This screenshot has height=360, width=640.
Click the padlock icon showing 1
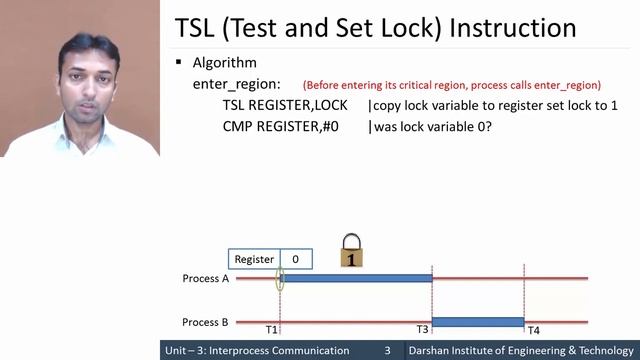point(352,251)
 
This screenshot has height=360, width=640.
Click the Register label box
point(254,259)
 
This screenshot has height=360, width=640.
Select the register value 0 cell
point(296,259)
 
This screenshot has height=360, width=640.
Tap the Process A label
point(205,279)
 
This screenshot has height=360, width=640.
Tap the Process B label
point(205,322)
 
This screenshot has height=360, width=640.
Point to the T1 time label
point(272,330)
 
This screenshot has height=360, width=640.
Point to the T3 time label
point(423,330)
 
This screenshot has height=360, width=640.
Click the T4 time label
point(534,330)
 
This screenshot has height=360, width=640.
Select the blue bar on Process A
point(357,279)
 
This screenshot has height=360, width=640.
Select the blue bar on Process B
point(478,322)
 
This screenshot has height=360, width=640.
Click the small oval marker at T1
point(280,279)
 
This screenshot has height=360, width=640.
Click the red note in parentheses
point(451,85)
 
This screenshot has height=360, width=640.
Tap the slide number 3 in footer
point(388,351)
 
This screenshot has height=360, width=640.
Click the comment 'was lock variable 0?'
point(433,127)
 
